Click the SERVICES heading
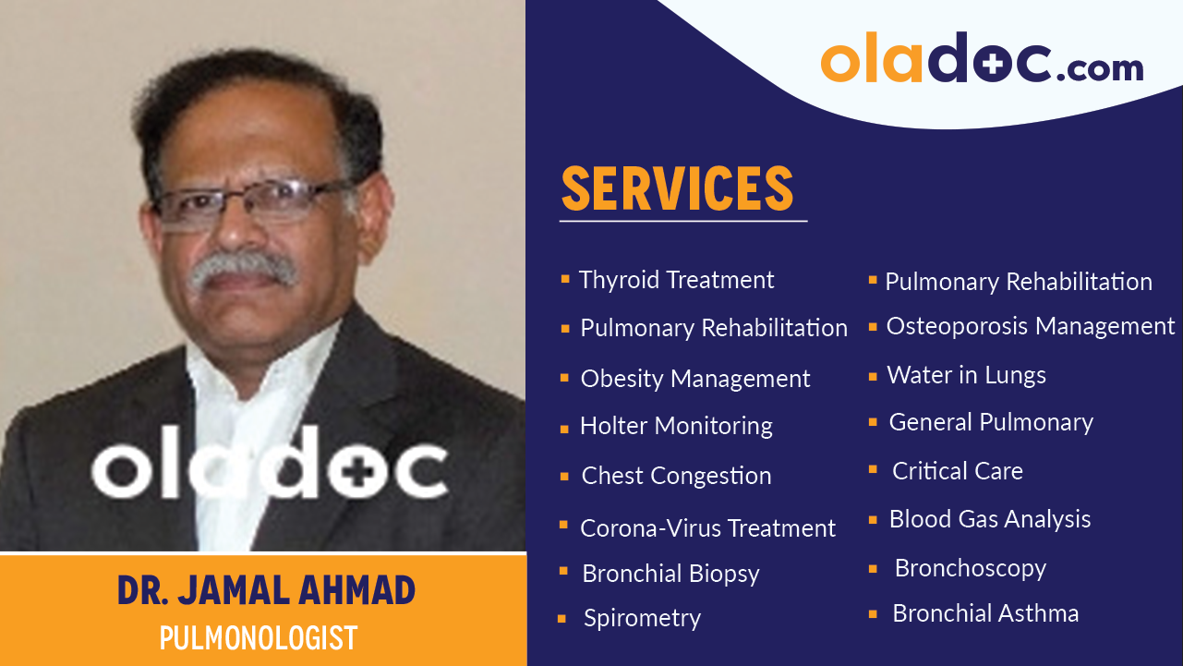coord(677,189)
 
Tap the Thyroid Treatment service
coord(676,280)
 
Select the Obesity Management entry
coord(694,379)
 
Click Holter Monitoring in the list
coord(676,426)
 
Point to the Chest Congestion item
coord(676,476)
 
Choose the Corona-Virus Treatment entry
coord(707,528)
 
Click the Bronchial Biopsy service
coord(670,574)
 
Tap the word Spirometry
coord(642,618)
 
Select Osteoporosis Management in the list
coord(1030,326)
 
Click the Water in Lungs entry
coord(966,375)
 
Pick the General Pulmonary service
coord(991,422)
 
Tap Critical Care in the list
coord(957,471)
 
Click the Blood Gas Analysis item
coord(989,519)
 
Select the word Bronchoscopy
coord(970,568)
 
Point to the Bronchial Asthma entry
coord(984,613)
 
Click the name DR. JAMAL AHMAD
coord(266,591)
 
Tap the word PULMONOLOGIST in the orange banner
coord(258,638)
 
